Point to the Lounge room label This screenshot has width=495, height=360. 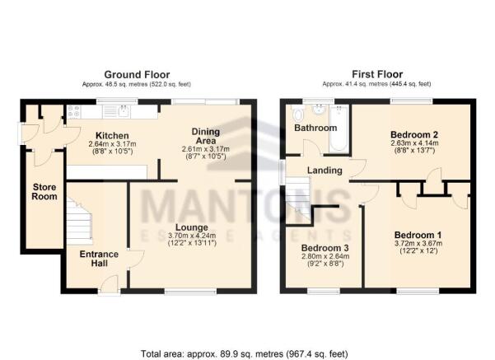[x=190, y=227]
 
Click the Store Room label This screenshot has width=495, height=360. [x=43, y=193]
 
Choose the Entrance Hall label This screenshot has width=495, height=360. [x=100, y=259]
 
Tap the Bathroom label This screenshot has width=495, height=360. [x=315, y=129]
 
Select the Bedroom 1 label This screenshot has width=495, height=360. [x=418, y=233]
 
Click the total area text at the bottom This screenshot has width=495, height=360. [x=247, y=354]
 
